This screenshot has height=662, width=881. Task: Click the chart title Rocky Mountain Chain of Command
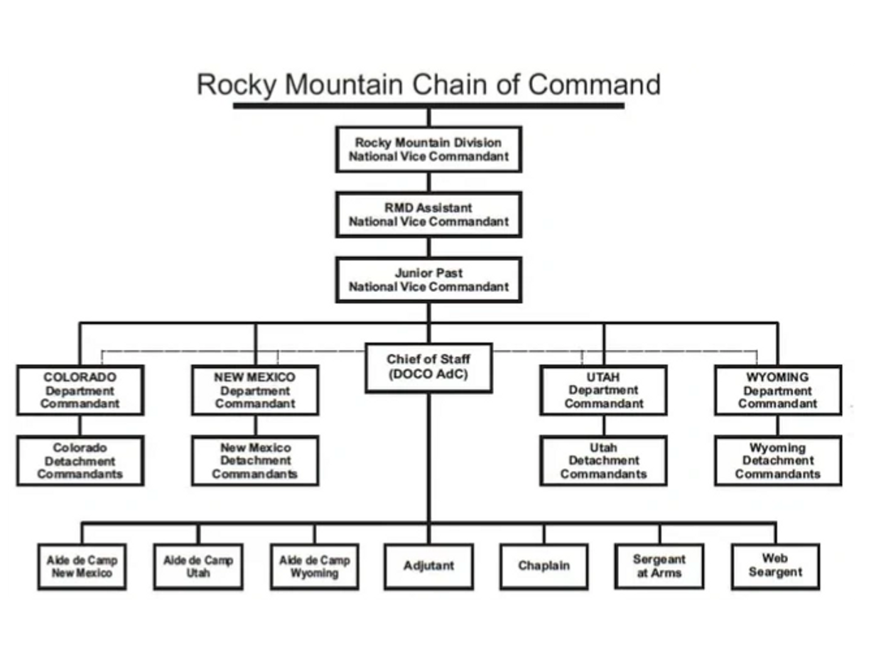tap(428, 85)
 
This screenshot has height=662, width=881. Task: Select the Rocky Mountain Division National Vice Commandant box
tap(428, 149)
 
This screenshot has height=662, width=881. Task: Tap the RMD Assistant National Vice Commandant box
tap(428, 215)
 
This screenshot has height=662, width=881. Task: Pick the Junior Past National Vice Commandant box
tap(428, 280)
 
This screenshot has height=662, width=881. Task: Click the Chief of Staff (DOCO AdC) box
tap(428, 367)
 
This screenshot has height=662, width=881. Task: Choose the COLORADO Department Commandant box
tap(80, 390)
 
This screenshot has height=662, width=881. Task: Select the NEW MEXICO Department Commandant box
tap(255, 390)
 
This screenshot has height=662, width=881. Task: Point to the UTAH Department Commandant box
tap(603, 390)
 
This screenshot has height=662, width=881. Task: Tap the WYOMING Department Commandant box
tap(778, 390)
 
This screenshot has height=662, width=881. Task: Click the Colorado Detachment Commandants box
tap(80, 461)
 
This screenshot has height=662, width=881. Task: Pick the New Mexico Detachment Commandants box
tap(255, 461)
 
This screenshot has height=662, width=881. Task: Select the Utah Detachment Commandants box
tap(603, 461)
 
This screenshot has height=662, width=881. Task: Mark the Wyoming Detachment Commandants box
tap(778, 461)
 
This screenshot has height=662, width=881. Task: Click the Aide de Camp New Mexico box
tap(82, 567)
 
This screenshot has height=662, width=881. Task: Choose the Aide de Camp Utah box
tap(198, 567)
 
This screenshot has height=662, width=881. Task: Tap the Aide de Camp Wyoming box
tap(314, 567)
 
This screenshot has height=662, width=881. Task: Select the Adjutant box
tap(428, 567)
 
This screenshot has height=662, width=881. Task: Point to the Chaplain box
tap(544, 567)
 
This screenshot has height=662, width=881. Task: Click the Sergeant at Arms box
tap(659, 567)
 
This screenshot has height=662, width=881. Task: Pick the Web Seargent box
tap(775, 566)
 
